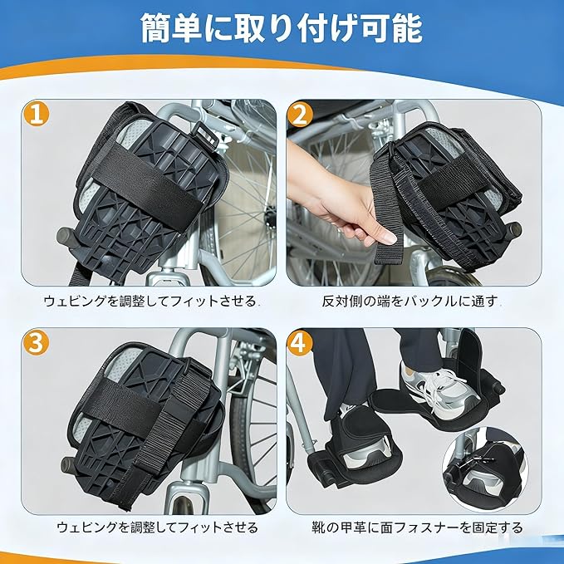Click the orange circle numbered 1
click(x=37, y=115)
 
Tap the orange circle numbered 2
click(x=300, y=115)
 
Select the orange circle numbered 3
click(x=36, y=343)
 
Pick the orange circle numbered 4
click(x=300, y=343)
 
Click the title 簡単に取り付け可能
click(x=282, y=28)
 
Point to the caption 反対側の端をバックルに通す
click(x=411, y=301)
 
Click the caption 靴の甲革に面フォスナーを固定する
click(x=417, y=527)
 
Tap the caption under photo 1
click(x=151, y=301)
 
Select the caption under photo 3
click(x=157, y=527)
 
